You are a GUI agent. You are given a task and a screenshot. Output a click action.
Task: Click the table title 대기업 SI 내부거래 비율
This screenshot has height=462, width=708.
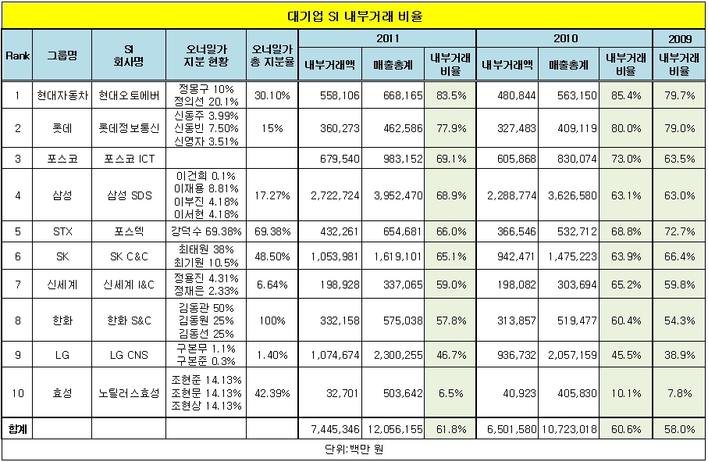354,16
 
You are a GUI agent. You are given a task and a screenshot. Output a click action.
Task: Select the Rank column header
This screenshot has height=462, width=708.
16,55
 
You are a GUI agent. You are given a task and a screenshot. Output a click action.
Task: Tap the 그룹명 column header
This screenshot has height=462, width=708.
62,55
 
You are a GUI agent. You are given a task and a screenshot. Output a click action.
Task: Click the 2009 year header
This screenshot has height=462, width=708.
678,38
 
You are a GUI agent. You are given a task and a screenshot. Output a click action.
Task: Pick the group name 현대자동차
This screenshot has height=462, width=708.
62,95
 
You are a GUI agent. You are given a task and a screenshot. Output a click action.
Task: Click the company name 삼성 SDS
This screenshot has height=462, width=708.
129,195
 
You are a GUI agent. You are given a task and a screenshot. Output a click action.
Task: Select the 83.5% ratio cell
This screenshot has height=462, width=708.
450,95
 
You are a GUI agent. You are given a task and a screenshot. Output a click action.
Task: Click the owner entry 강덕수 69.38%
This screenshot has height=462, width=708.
205,232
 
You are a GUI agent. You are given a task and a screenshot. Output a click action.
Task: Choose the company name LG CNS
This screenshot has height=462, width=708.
129,355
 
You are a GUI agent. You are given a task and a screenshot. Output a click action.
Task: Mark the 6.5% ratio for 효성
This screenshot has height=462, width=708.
450,393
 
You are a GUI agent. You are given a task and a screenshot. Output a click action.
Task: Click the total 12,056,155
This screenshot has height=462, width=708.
393,429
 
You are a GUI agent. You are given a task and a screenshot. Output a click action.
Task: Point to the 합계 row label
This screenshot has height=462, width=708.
16,429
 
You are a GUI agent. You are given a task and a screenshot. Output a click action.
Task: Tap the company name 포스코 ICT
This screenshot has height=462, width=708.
129,158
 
